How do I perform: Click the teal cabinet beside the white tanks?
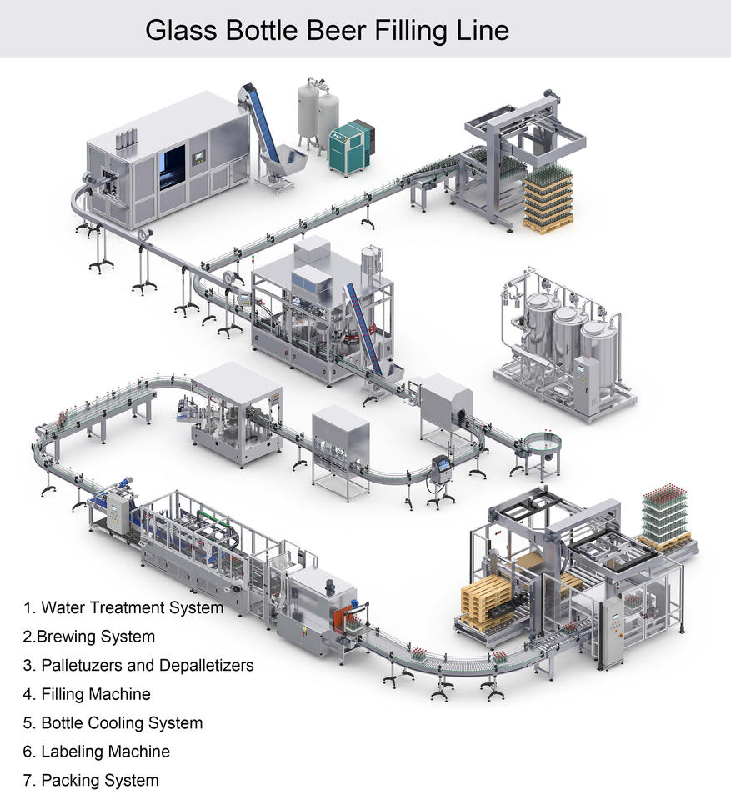coord(348,146)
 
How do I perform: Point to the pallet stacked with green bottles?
coord(548,196)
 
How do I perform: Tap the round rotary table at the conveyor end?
coord(543,441)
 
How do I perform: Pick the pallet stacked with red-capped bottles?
coord(665,515)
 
